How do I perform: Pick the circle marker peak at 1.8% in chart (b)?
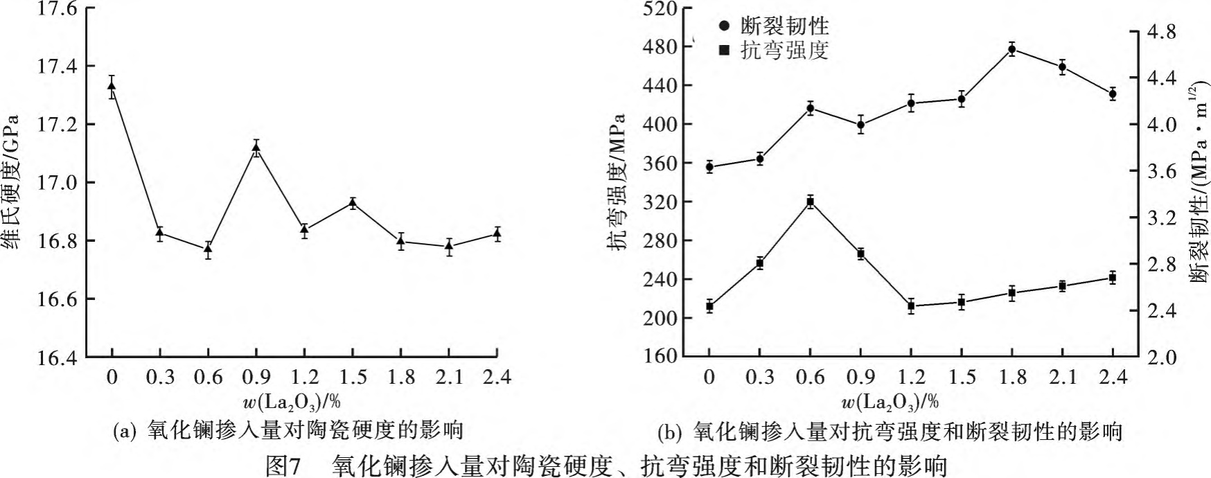click(1012, 48)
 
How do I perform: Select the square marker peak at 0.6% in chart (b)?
click(810, 202)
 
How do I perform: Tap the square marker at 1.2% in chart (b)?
click(911, 306)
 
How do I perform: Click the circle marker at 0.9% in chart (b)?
click(860, 125)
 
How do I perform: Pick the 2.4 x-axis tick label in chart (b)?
click(1113, 378)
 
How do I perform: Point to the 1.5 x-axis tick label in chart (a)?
click(353, 378)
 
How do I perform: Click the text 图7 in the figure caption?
click(284, 465)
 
